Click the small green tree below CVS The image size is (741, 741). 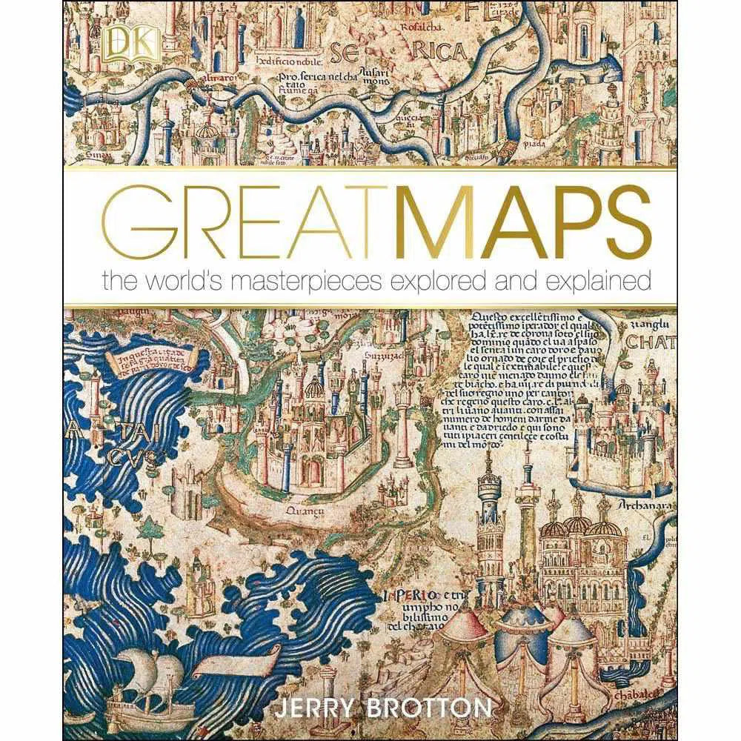click(x=151, y=527)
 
